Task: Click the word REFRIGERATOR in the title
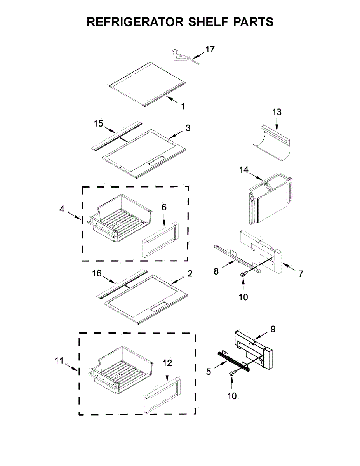[x=134, y=22]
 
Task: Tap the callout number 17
[x=210, y=49]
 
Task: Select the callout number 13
[x=277, y=112]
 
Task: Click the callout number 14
[x=243, y=170]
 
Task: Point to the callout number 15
[x=99, y=124]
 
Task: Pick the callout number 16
[x=97, y=274]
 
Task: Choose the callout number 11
[x=59, y=361]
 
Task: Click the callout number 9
[x=273, y=329]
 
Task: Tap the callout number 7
[x=301, y=273]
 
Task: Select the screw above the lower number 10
[x=232, y=373]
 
